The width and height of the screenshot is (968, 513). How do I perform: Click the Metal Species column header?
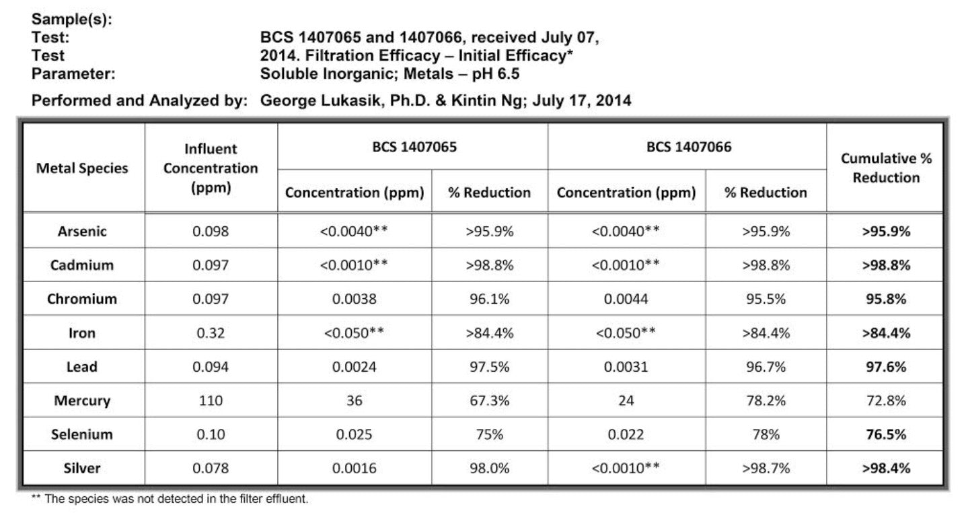coord(82,168)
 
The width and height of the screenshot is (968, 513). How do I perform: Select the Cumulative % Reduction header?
coord(886,168)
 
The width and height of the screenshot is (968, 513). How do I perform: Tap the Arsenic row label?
coord(82,231)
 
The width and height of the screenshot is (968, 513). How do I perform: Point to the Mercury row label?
coord(82,401)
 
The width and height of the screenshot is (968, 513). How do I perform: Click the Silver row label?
coord(82,468)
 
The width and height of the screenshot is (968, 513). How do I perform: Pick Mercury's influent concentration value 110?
coord(211,401)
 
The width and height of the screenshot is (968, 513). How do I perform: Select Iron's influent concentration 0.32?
coord(211,333)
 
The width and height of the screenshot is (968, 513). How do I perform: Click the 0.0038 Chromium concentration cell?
coord(354,299)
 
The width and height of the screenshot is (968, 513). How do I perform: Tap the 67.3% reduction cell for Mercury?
coord(489,401)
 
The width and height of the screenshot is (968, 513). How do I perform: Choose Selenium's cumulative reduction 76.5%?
coord(886,434)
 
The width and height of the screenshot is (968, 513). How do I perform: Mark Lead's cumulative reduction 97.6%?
coord(886,367)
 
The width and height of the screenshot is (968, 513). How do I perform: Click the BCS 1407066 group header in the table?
coord(687,147)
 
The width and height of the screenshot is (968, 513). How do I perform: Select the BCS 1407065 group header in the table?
coord(414,147)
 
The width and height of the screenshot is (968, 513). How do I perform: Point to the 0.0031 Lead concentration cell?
coord(626,367)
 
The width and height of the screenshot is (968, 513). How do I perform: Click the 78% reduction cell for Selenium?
coord(766,434)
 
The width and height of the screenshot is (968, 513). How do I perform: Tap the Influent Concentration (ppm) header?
coord(211,168)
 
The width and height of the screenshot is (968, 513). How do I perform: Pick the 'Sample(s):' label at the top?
coord(72,21)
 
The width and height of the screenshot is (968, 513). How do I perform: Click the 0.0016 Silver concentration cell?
coord(354,468)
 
